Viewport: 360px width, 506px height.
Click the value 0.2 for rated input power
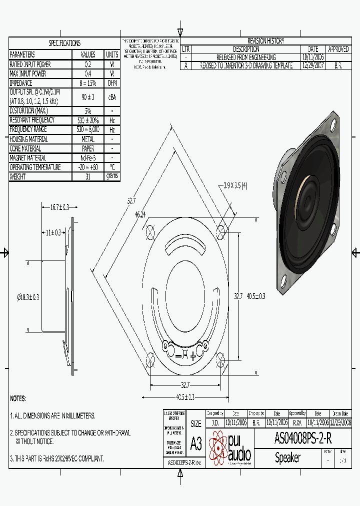[x=88, y=64]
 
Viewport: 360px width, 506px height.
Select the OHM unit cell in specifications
[x=112, y=83]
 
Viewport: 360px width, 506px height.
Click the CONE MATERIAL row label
[x=25, y=148]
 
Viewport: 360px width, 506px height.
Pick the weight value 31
[x=88, y=176]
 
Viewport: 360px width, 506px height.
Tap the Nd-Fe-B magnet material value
[x=88, y=158]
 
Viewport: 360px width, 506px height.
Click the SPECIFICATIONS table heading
[x=64, y=43]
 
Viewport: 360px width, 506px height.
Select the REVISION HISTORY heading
[x=265, y=41]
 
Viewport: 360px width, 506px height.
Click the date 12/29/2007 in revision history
[x=313, y=65]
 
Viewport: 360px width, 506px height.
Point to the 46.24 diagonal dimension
[x=140, y=214]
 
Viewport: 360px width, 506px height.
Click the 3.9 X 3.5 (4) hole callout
[x=234, y=185]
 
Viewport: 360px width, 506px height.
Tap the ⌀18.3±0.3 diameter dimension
[x=28, y=297]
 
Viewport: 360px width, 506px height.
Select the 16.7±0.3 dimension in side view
[x=59, y=206]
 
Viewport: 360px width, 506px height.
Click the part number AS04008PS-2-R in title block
[x=302, y=438]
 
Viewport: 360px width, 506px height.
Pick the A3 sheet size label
[x=195, y=443]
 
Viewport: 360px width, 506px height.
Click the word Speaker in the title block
[x=288, y=457]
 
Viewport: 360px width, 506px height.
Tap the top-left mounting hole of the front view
[x=150, y=231]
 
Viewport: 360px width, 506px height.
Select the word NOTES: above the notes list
[x=18, y=398]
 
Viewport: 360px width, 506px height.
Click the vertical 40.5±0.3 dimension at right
[x=256, y=296]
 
